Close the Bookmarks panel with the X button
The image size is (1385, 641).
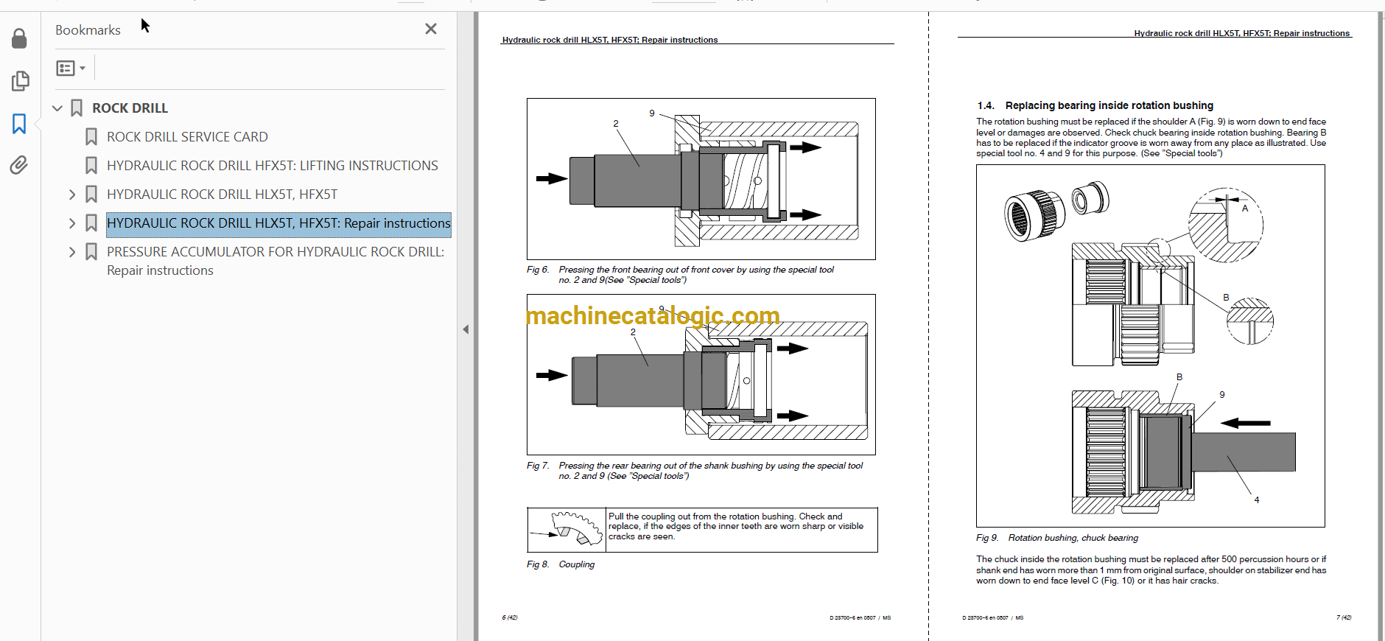tap(431, 29)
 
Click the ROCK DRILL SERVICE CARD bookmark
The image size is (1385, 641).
tap(187, 137)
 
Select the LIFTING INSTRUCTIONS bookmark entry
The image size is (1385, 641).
tap(273, 166)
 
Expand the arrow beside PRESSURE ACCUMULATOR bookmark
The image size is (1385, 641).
tap(72, 252)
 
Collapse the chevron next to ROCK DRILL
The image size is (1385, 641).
tap(57, 108)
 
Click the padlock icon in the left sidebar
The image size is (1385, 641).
tap(20, 38)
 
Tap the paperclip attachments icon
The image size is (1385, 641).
tap(19, 165)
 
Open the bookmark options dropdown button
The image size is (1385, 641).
tap(71, 69)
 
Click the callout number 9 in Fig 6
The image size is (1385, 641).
tap(652, 113)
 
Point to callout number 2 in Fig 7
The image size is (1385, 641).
tap(633, 332)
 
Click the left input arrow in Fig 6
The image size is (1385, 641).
tap(552, 178)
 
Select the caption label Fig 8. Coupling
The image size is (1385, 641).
tap(561, 564)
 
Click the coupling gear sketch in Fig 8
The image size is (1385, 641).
tap(567, 528)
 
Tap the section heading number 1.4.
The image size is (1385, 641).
tap(986, 105)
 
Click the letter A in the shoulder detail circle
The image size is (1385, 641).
tap(1245, 209)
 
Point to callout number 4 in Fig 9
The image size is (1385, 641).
tap(1257, 500)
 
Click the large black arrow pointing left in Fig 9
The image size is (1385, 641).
tap(1246, 423)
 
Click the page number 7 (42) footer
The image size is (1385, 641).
tap(1344, 617)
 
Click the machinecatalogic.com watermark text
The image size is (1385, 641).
tap(653, 316)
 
